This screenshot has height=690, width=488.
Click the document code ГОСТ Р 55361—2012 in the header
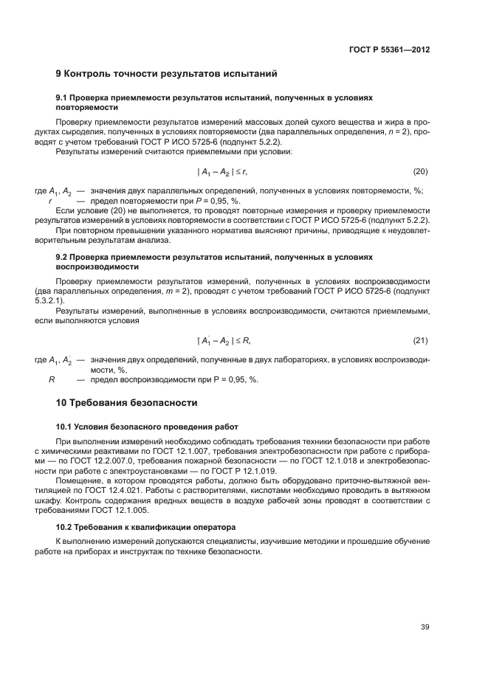click(389, 49)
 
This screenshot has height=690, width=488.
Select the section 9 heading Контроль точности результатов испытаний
click(166, 74)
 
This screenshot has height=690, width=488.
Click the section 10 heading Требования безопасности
click(127, 403)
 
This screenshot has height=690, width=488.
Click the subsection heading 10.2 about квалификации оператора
click(145, 528)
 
